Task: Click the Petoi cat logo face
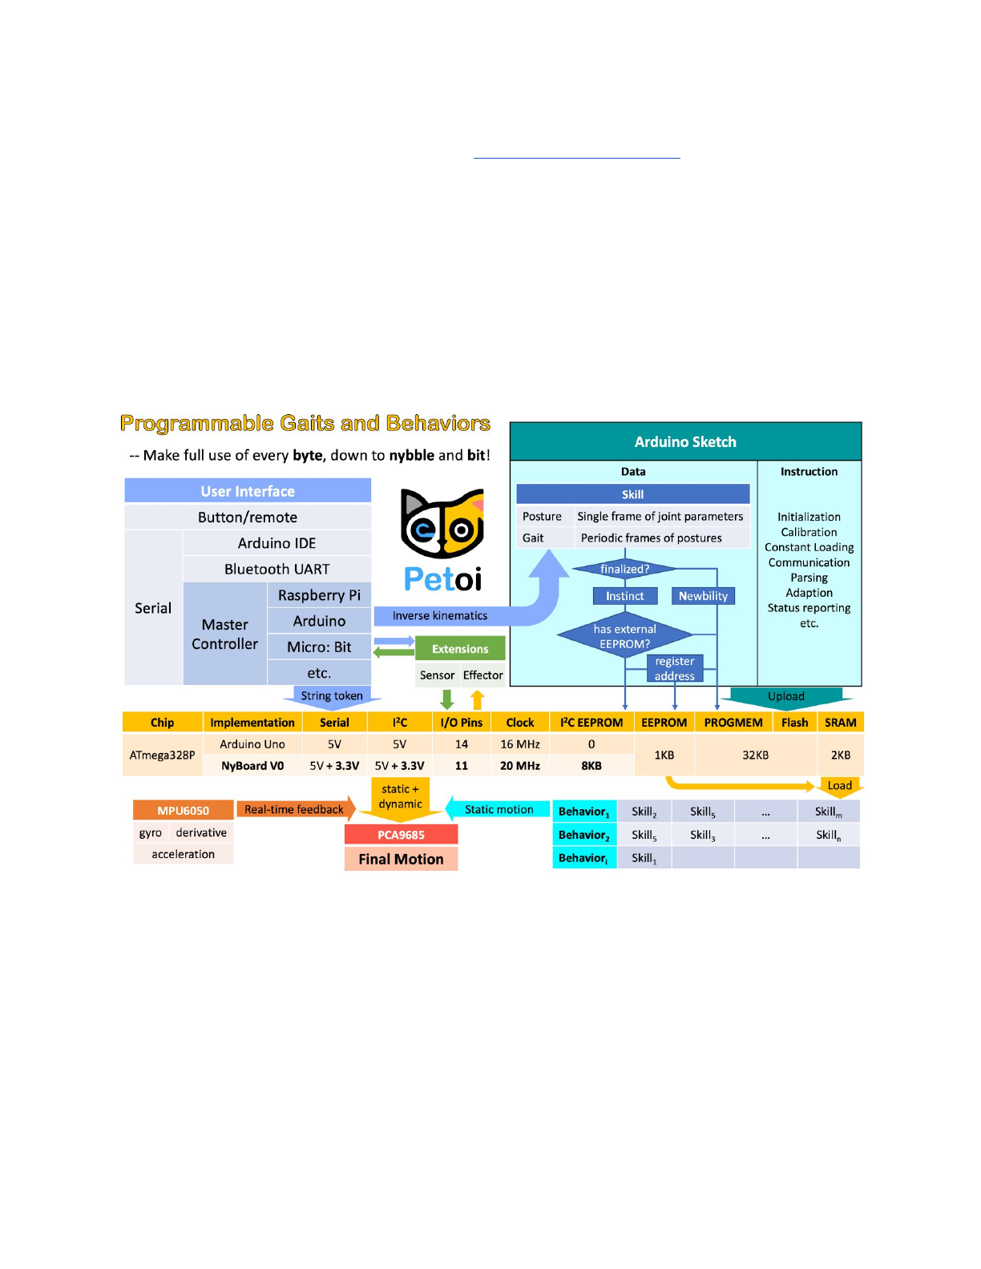(442, 525)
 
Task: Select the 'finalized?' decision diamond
(625, 570)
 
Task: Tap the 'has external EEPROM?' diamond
(625, 636)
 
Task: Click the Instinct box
(625, 596)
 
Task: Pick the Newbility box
(703, 596)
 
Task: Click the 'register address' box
(675, 668)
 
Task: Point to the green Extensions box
(460, 649)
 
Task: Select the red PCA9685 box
(401, 835)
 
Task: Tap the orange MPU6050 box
(184, 811)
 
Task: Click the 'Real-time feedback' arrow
(295, 810)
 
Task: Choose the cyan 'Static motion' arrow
(499, 810)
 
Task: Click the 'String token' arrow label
(332, 696)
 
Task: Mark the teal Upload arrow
(785, 697)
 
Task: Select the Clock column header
(520, 723)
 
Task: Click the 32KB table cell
(755, 755)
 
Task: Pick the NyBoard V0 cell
(252, 766)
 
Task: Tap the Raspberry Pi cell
(319, 595)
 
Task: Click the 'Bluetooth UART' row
(277, 569)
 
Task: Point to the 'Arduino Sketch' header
(685, 441)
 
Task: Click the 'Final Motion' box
(401, 859)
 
